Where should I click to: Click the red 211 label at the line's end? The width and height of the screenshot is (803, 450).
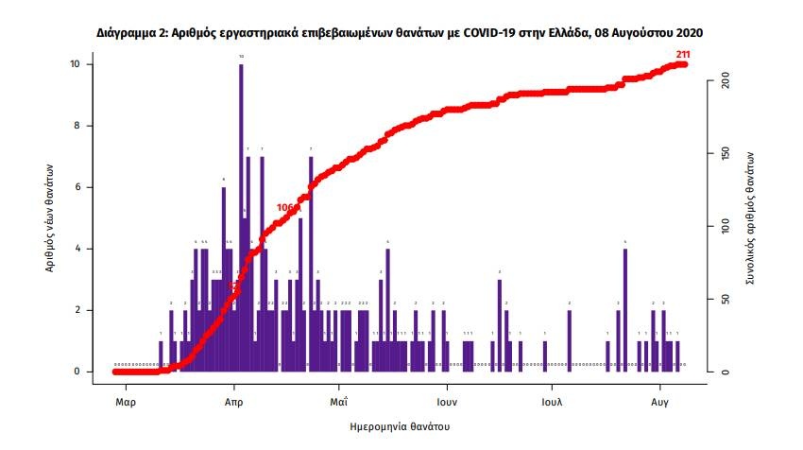click(x=683, y=53)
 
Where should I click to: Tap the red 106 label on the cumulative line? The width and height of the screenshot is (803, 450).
click(x=286, y=208)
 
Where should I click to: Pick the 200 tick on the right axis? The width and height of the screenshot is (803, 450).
click(x=725, y=83)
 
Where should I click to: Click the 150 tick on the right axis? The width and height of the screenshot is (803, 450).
click(x=725, y=155)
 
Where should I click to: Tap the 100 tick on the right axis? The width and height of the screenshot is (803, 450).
click(x=725, y=227)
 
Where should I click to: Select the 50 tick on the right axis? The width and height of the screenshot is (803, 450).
click(x=725, y=300)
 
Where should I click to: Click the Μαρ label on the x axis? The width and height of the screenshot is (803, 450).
click(x=124, y=401)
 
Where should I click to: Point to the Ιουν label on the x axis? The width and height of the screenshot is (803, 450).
click(x=447, y=401)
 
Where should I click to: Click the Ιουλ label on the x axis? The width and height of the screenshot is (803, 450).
click(x=553, y=401)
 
